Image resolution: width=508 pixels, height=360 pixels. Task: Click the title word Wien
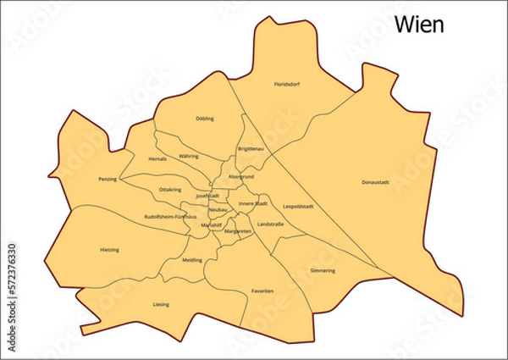click(x=419, y=25)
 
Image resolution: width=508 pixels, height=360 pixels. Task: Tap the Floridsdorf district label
click(x=287, y=85)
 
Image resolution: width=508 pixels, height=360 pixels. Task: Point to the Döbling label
click(x=205, y=119)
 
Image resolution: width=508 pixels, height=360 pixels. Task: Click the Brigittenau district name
click(x=251, y=149)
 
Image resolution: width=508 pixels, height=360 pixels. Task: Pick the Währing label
click(x=189, y=156)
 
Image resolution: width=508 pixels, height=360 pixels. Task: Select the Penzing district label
click(x=108, y=179)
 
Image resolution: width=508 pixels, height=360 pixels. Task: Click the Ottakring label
click(x=170, y=190)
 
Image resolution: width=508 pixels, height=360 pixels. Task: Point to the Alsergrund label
click(x=241, y=176)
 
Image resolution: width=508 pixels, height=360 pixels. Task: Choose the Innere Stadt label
click(x=252, y=203)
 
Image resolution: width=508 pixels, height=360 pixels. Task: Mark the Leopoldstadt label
click(x=299, y=206)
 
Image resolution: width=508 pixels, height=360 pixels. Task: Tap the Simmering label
click(x=323, y=270)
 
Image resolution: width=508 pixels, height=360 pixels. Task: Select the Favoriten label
click(x=262, y=291)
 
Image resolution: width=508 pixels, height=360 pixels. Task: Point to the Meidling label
click(x=192, y=260)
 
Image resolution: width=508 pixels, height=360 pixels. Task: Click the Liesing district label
click(x=161, y=304)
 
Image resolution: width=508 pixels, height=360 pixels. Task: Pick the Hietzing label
click(x=109, y=250)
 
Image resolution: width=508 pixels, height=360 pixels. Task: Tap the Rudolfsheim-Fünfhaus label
click(x=170, y=216)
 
